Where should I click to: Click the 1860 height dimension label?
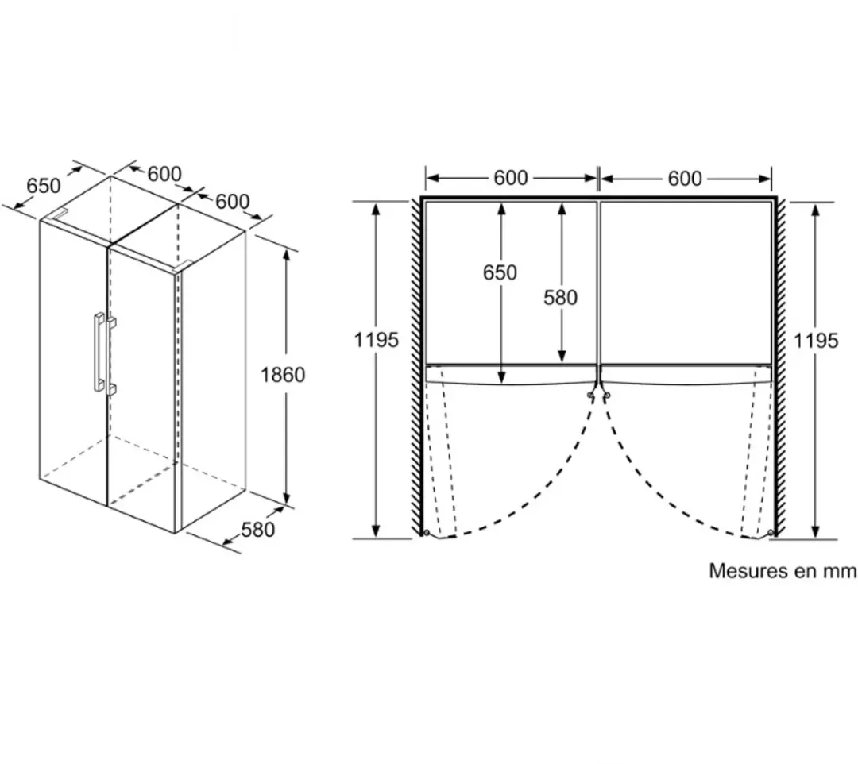point(282,375)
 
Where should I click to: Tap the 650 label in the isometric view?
point(43,186)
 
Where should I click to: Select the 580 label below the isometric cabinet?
point(257,530)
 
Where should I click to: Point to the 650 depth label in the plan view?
point(500,272)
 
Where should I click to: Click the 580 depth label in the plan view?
point(560,298)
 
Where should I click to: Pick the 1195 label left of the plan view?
point(376,340)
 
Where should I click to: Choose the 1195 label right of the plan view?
point(815,341)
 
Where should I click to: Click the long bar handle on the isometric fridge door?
point(99,352)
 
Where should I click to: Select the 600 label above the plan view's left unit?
point(511,178)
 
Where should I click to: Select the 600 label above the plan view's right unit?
point(685,178)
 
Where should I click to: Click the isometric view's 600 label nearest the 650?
point(164,174)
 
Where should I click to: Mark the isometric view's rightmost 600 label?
point(232,201)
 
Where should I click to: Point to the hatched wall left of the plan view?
point(416,365)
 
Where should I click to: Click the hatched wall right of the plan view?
point(779,365)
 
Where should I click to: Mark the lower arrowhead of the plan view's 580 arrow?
point(562,356)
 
